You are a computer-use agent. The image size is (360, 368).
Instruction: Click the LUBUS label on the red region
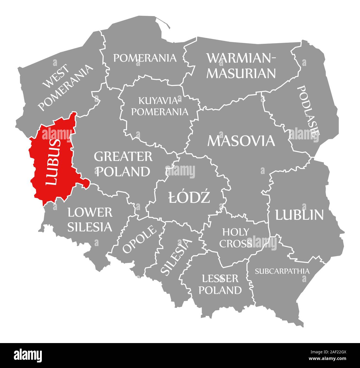click(53, 162)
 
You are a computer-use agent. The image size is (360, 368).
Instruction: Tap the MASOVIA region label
click(241, 141)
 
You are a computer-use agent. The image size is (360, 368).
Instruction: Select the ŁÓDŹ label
click(189, 198)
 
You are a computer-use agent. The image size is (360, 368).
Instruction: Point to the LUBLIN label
click(299, 215)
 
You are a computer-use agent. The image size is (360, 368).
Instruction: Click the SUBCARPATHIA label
click(282, 271)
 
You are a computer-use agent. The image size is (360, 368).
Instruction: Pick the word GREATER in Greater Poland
click(123, 157)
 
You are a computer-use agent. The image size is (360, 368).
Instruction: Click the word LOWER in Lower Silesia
click(90, 213)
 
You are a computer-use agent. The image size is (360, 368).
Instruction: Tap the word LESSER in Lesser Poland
click(220, 278)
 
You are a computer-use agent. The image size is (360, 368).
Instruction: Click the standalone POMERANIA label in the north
click(145, 58)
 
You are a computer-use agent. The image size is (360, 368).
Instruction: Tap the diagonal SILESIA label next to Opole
click(176, 257)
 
